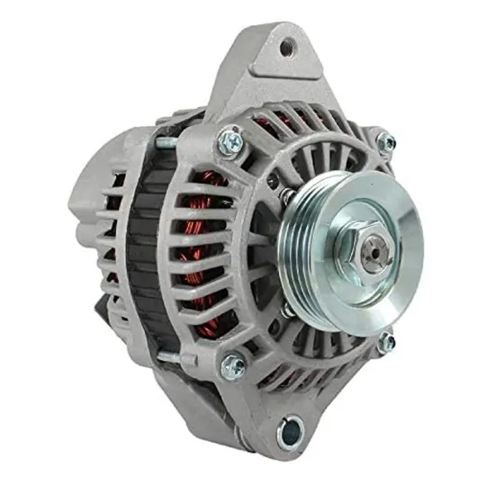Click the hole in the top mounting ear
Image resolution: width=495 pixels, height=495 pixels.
click(x=286, y=48)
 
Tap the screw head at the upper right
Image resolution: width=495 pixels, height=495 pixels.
click(x=385, y=142)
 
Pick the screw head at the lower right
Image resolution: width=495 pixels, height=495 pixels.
click(x=387, y=341)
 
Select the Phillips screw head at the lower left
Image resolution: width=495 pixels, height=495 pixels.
click(x=232, y=364)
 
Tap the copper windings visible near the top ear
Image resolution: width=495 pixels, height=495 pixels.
click(x=270, y=121)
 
